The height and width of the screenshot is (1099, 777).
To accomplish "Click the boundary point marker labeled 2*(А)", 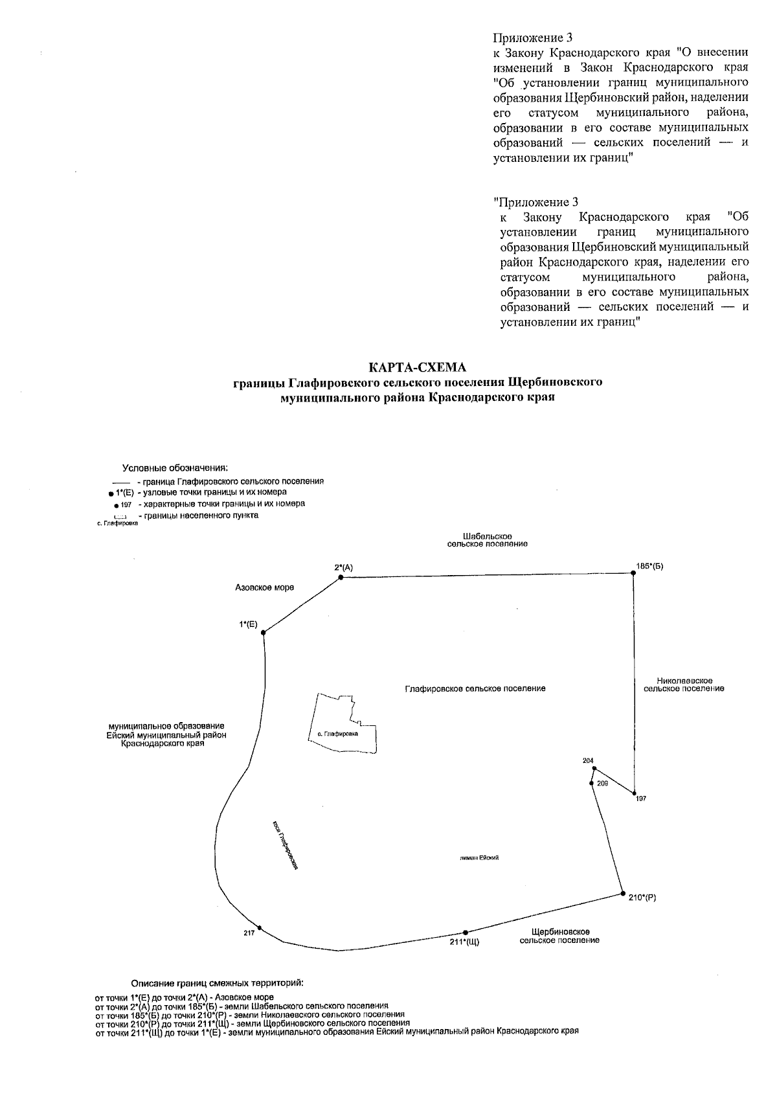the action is click(x=341, y=577).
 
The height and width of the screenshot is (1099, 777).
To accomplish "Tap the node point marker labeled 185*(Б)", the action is click(x=633, y=573).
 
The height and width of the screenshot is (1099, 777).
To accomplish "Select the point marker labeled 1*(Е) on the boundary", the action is click(x=263, y=633).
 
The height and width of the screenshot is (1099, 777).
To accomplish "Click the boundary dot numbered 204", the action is click(x=595, y=769).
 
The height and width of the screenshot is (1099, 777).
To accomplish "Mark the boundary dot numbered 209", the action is click(x=592, y=784).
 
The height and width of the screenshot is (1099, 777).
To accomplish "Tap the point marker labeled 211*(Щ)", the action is click(x=466, y=933).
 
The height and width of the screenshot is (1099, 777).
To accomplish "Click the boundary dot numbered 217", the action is click(x=259, y=927).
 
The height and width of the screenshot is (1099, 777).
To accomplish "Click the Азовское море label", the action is click(x=264, y=587).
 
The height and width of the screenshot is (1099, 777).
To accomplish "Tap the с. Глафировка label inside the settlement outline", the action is click(x=334, y=734).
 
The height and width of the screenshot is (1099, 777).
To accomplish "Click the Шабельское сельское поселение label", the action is click(x=488, y=540).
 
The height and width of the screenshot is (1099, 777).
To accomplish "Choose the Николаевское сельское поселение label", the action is click(x=684, y=685).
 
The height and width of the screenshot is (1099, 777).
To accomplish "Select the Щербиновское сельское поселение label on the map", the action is click(x=559, y=936).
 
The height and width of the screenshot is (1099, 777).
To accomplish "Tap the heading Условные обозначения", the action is click(x=175, y=468).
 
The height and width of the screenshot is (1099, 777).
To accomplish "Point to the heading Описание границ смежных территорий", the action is click(x=217, y=982).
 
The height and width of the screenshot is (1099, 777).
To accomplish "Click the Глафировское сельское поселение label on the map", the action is click(x=475, y=688).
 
